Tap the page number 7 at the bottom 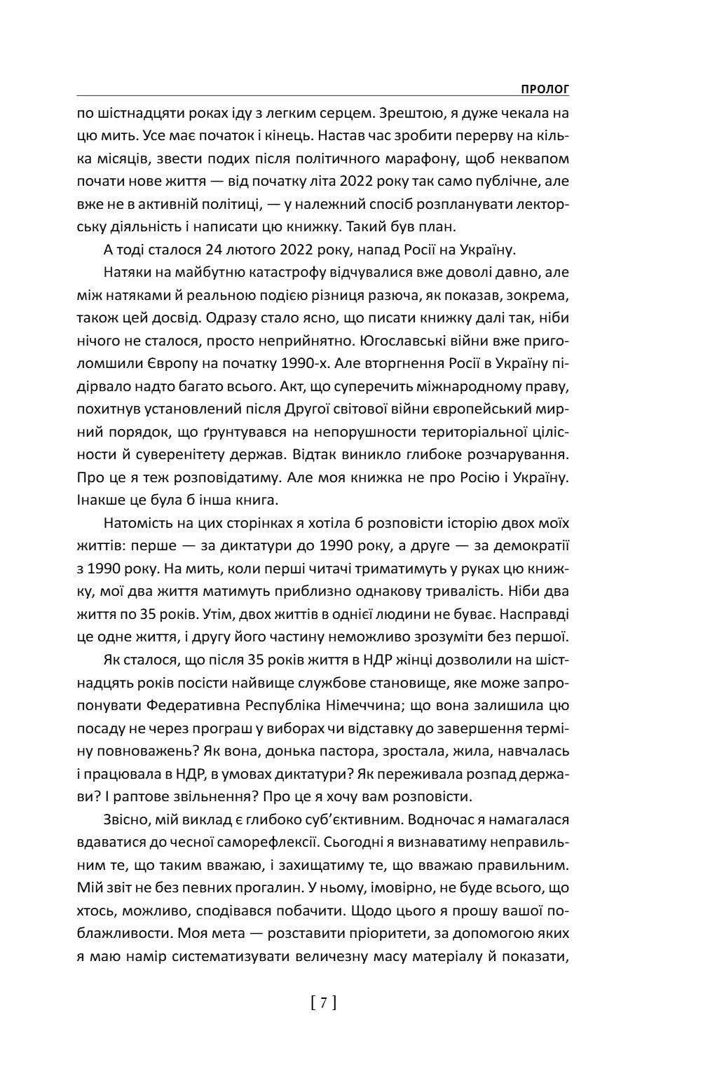pyautogui.click(x=323, y=1003)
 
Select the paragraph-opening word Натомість pyautogui.click(x=139, y=523)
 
